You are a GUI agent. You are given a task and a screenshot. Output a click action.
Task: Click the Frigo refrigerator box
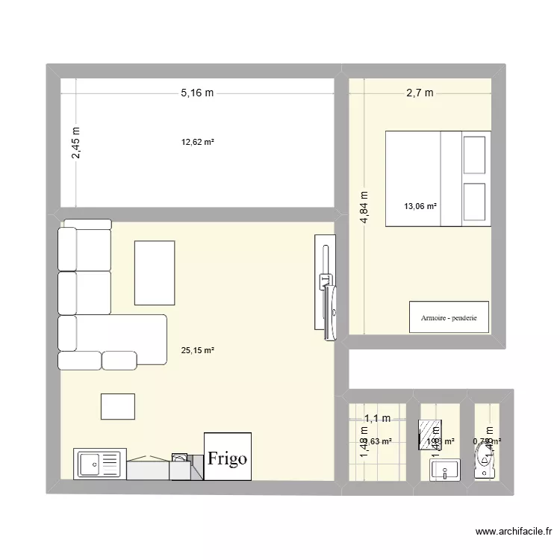pyautogui.click(x=228, y=457)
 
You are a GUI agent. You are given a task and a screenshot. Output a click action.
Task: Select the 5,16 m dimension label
pyautogui.click(x=196, y=93)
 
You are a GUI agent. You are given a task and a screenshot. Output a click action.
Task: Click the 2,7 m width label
pyautogui.click(x=420, y=93)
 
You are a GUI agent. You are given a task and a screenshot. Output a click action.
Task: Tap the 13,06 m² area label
pyautogui.click(x=420, y=207)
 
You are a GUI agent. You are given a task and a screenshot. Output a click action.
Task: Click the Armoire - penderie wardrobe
pyautogui.click(x=449, y=317)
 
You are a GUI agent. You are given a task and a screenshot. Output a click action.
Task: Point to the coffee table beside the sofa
pyautogui.click(x=155, y=273)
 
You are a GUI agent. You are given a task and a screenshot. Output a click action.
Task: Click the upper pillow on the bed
pyautogui.click(x=476, y=155)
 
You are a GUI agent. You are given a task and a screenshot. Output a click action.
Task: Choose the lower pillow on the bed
pyautogui.click(x=476, y=202)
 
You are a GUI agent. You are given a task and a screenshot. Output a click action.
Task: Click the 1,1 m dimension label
pyautogui.click(x=377, y=419)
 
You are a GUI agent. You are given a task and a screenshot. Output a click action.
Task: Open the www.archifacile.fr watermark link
pyautogui.click(x=513, y=532)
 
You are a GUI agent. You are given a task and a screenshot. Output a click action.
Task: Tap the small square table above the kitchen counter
pyautogui.click(x=118, y=406)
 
